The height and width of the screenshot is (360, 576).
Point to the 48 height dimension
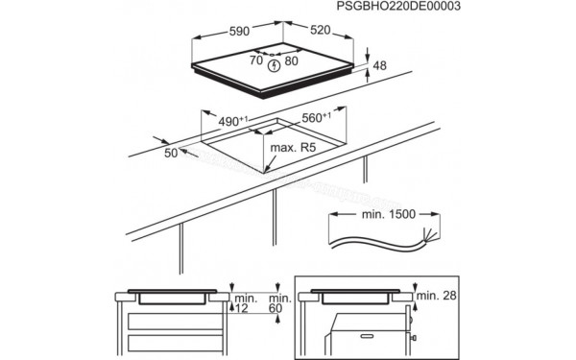tap(379, 67)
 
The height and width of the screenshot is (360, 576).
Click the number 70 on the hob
tap(256, 60)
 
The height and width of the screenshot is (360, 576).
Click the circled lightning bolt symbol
tap(276, 66)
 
